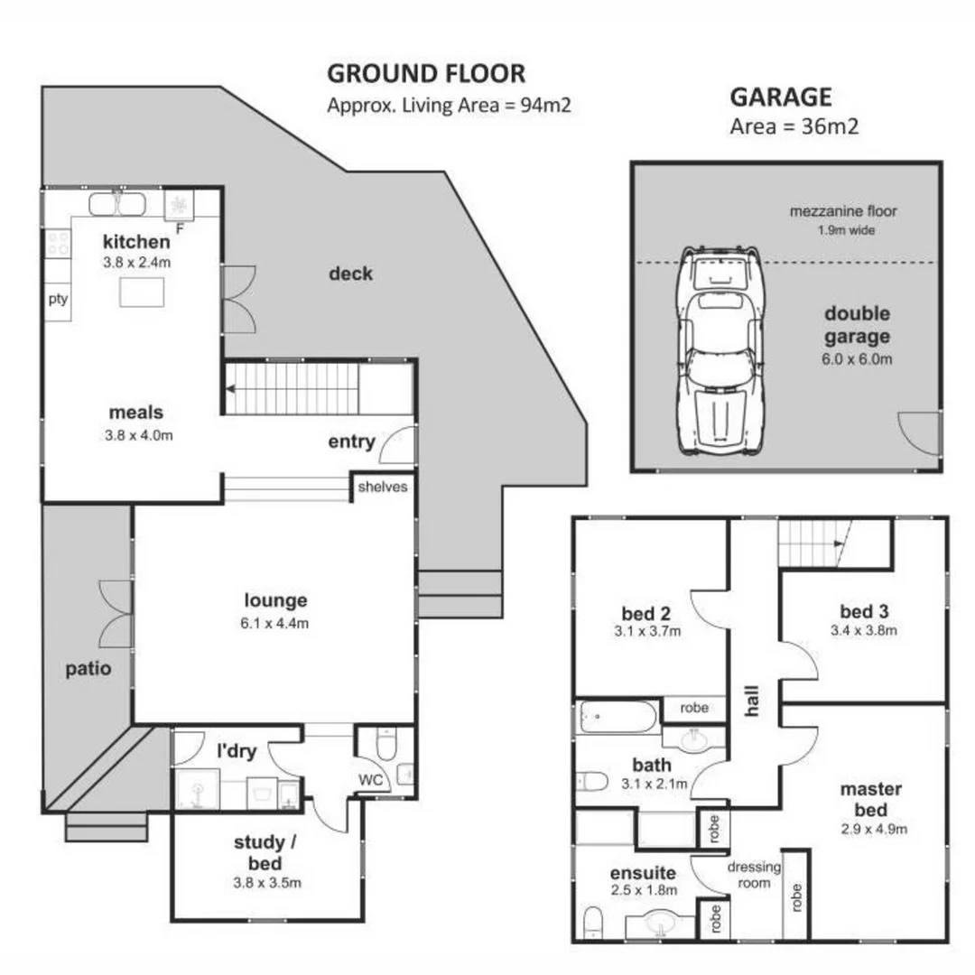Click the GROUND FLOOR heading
[x=425, y=73]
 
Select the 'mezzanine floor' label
[x=843, y=213]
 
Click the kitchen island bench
[x=142, y=292]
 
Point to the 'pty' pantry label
[x=58, y=300]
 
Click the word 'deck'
[x=350, y=274]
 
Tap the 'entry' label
[x=351, y=441]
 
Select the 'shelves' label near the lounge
[x=384, y=487]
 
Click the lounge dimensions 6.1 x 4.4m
[x=276, y=623]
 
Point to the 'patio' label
[x=88, y=669]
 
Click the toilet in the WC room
[x=385, y=746]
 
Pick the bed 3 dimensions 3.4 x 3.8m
[x=864, y=631]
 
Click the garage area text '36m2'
[x=829, y=126]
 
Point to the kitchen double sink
[x=116, y=204]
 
